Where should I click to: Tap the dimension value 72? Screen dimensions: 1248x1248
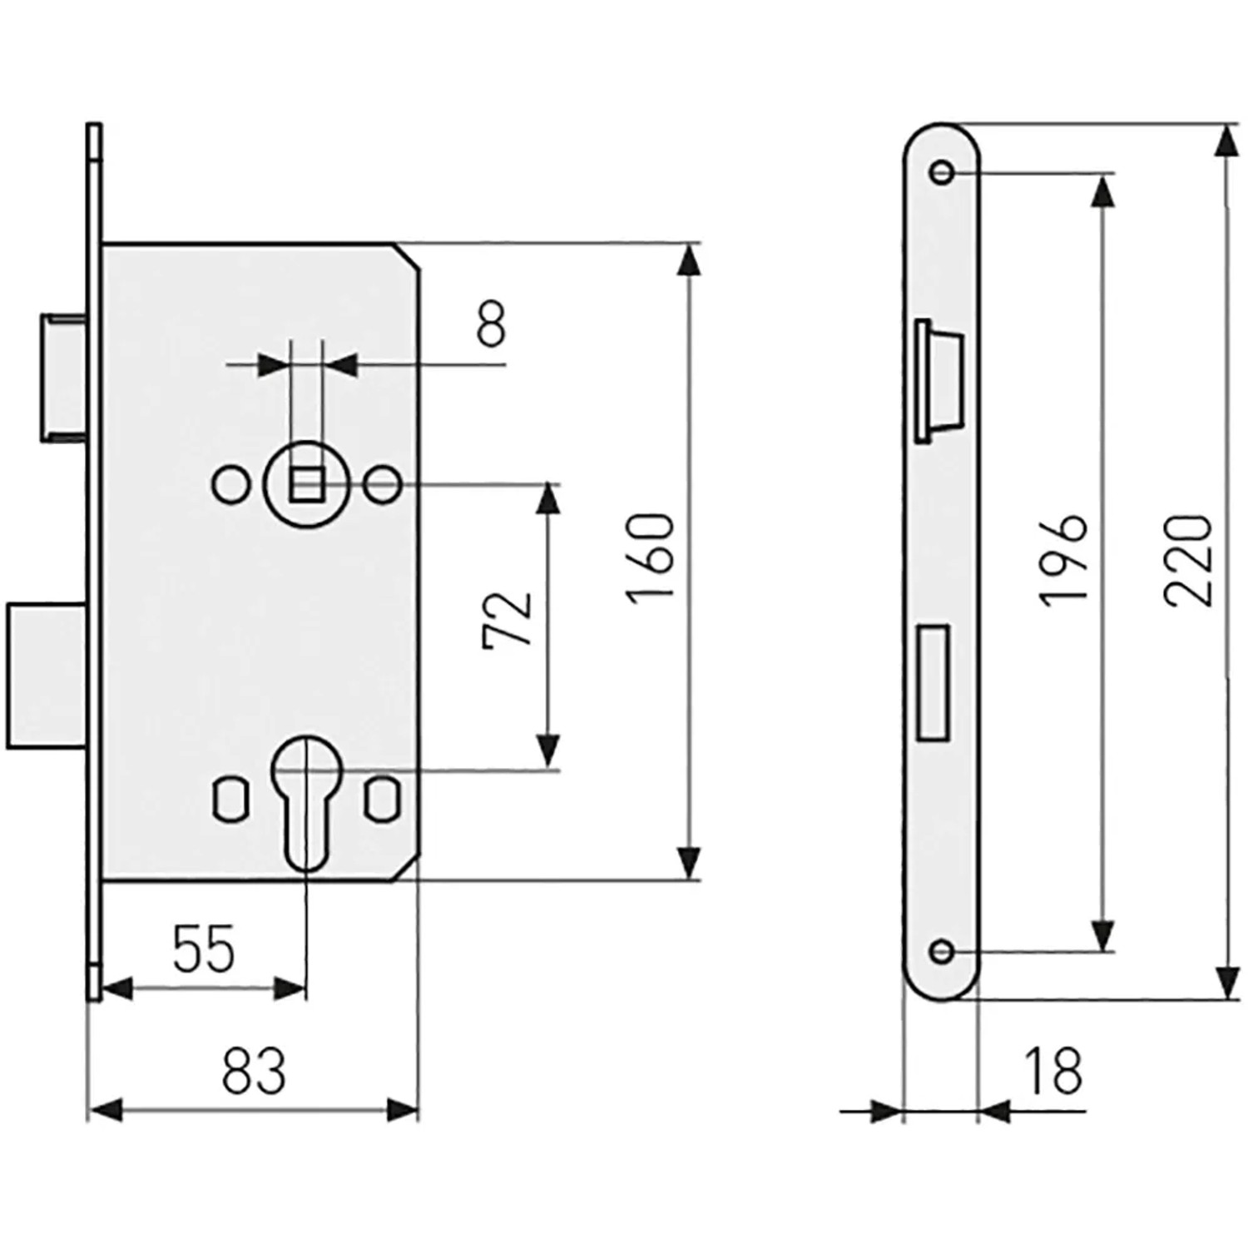[x=507, y=619]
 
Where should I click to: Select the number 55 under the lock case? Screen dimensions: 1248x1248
[x=205, y=948]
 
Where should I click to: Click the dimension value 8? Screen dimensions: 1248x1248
[x=491, y=324]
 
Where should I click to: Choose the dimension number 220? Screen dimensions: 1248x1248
[x=1189, y=559]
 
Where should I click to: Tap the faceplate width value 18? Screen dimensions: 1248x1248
[x=1052, y=1071]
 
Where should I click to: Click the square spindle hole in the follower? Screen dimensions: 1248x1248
[x=305, y=484]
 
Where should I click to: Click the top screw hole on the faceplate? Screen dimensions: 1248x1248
[x=942, y=172]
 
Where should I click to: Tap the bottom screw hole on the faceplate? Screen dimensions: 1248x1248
[x=942, y=951]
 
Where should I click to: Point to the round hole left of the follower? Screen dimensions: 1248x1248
[x=230, y=485]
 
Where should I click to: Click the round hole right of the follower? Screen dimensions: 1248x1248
[x=383, y=485]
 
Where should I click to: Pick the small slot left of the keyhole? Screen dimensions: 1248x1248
[x=231, y=800]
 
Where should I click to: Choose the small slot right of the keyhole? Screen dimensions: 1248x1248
[x=382, y=800]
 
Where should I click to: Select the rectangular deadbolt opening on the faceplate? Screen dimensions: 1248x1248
[x=933, y=682]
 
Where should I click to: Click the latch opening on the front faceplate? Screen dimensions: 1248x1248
[x=938, y=379]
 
